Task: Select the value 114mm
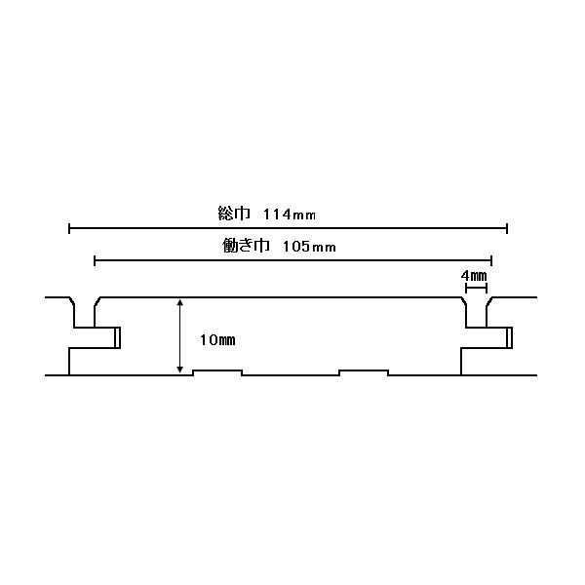tap(291, 213)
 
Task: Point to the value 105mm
tap(308, 247)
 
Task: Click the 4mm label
tap(474, 276)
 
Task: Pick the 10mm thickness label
tap(216, 340)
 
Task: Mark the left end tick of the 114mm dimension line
tap(69, 228)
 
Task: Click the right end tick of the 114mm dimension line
tap(507, 228)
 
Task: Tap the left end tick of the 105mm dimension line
tap(95, 260)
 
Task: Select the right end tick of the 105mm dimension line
tap(491, 260)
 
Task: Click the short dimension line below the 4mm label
tap(476, 288)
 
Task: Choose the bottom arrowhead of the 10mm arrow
tap(179, 369)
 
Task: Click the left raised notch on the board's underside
tap(217, 371)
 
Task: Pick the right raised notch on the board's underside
tap(364, 371)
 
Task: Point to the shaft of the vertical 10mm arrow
tap(179, 336)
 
